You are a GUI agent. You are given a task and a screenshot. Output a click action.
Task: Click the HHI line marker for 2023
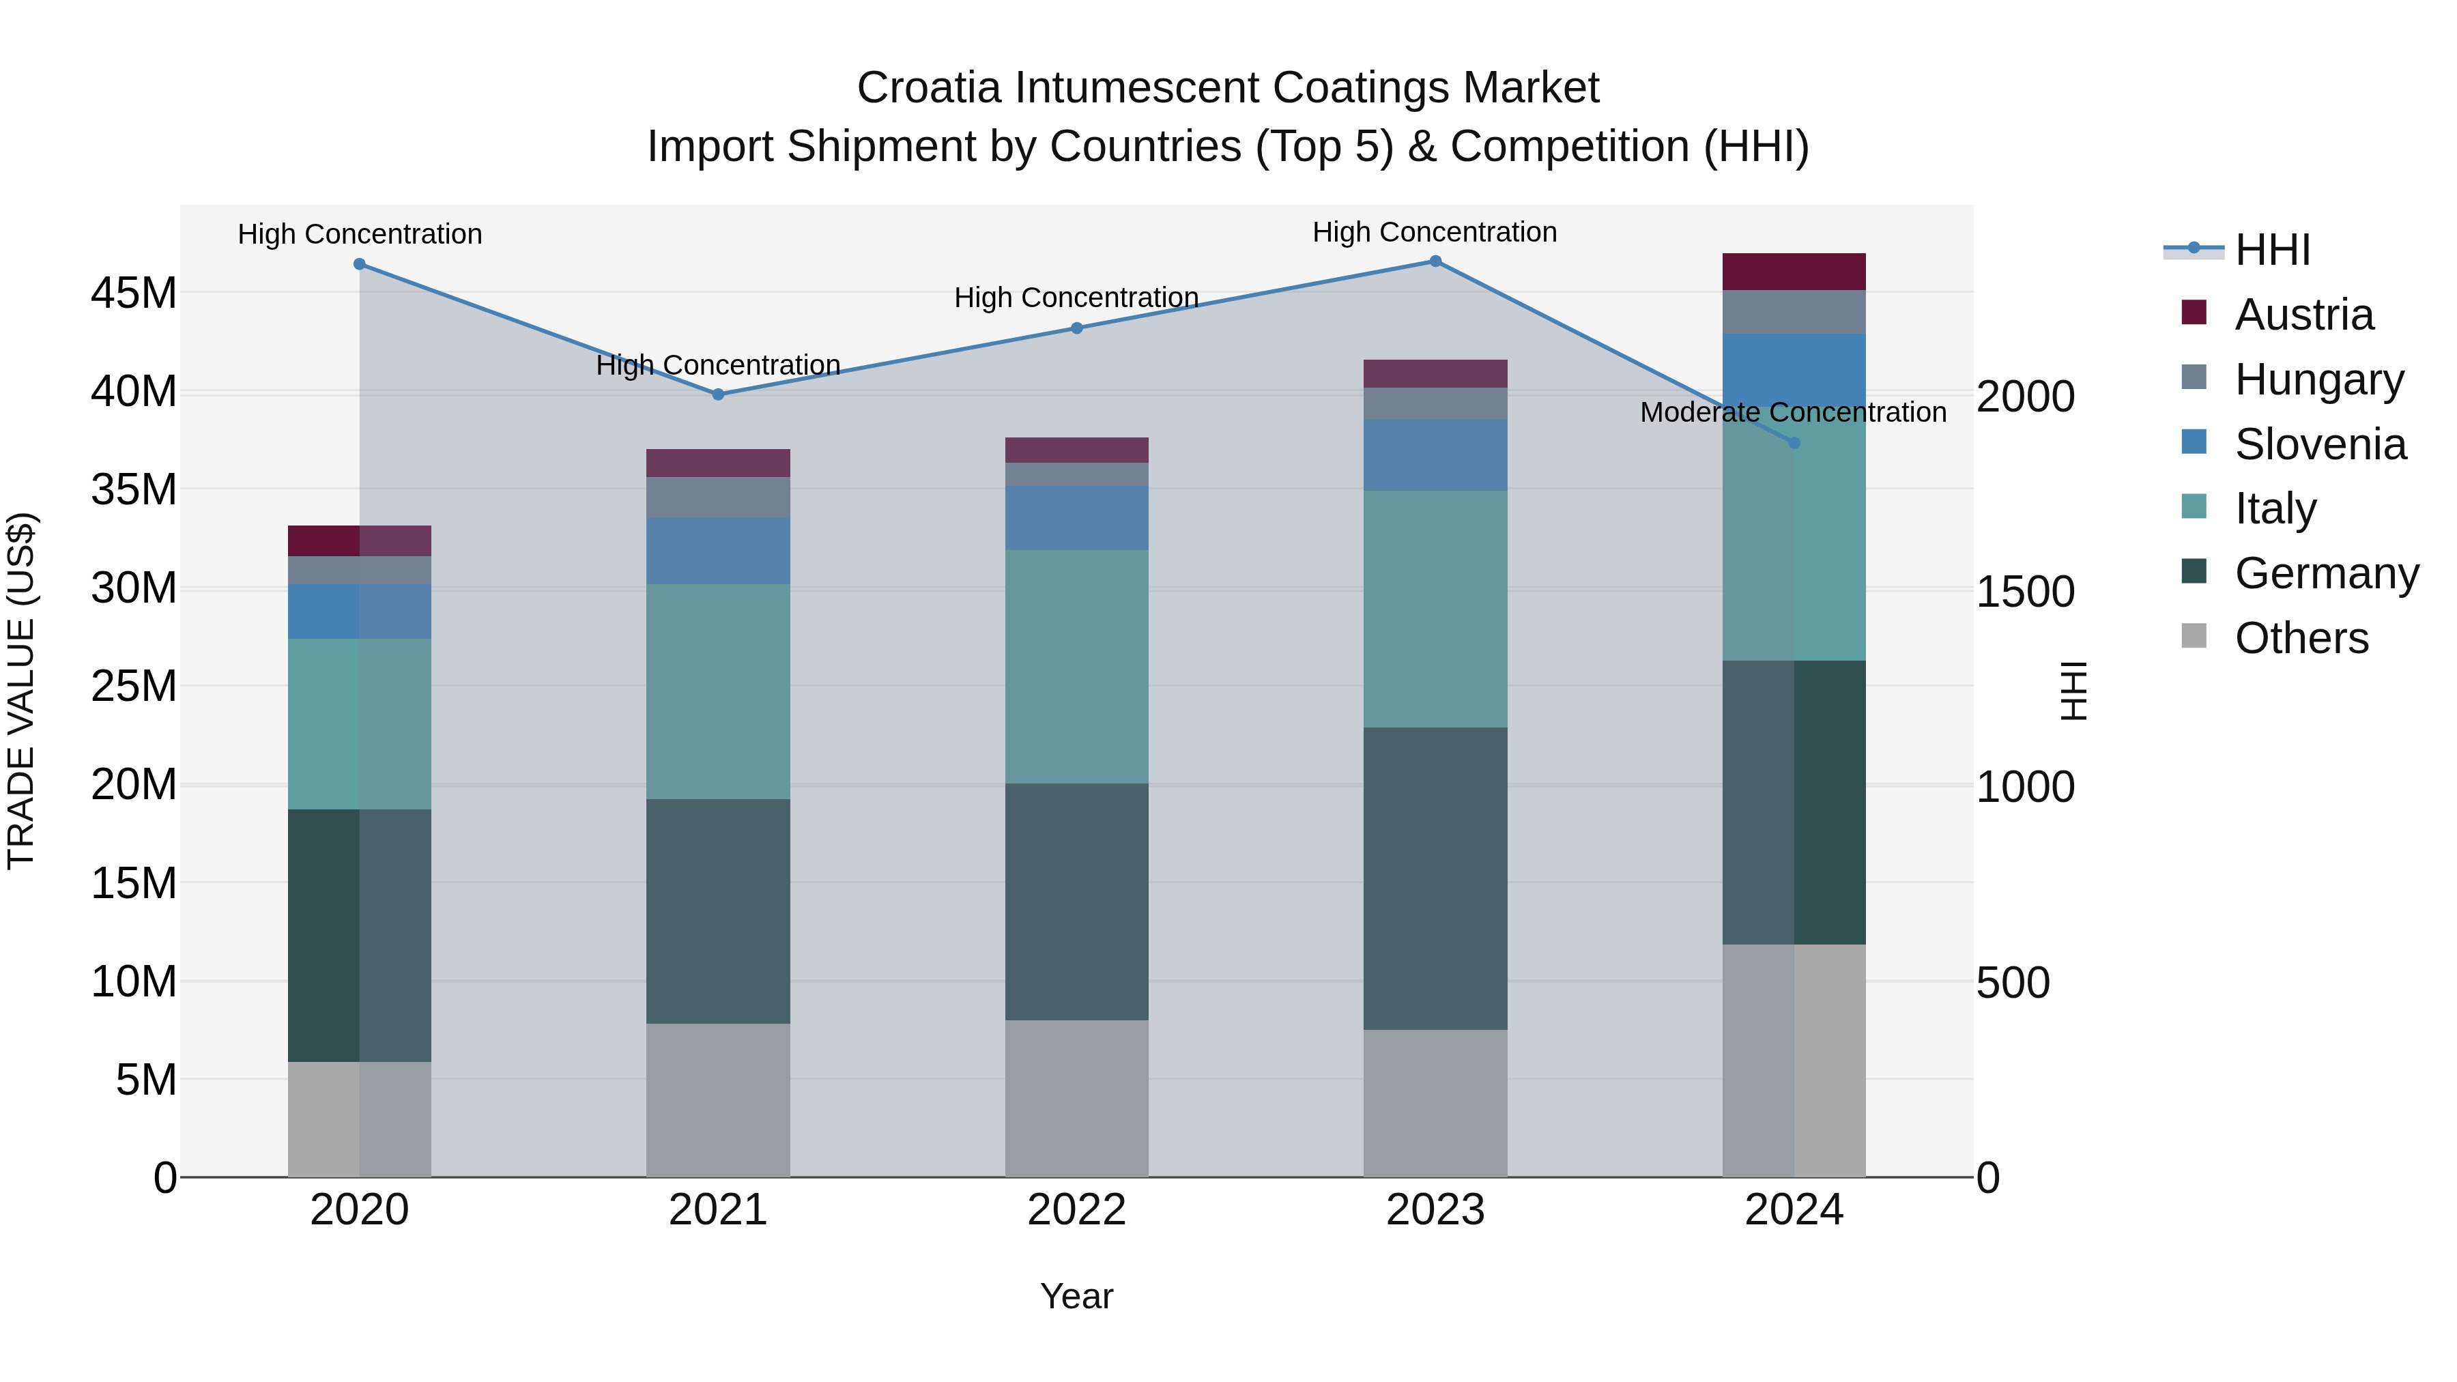click(x=1435, y=261)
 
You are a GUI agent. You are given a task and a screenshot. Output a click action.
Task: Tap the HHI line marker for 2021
click(x=718, y=394)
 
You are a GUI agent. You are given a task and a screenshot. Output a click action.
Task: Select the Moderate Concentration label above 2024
click(x=1792, y=412)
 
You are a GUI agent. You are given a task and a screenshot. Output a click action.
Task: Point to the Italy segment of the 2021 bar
click(x=718, y=691)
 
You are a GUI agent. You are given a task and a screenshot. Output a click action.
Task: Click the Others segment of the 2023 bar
click(x=1435, y=1103)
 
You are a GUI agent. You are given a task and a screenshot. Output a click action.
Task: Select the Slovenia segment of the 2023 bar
click(x=1435, y=455)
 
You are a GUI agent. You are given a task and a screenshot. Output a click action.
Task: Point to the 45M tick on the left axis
click(x=134, y=293)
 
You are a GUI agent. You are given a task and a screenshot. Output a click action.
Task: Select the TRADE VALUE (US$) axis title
click(x=21, y=691)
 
